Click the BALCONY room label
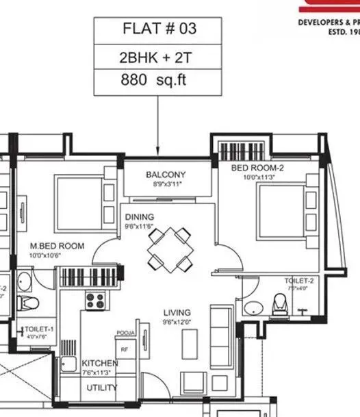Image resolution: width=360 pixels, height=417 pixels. point(166,175)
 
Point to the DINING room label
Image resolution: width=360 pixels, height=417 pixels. point(139,217)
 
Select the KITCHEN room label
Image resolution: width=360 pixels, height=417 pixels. point(100,363)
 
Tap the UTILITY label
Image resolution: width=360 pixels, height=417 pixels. point(101,388)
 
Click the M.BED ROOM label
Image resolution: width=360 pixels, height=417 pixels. point(57,246)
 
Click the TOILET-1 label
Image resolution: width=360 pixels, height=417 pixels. point(39,329)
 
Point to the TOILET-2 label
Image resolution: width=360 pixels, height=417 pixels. point(299,281)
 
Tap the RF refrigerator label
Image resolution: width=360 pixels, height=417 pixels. point(125,349)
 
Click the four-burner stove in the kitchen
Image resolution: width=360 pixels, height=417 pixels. point(94,299)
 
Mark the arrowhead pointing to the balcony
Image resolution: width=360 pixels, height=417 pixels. point(159,151)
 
